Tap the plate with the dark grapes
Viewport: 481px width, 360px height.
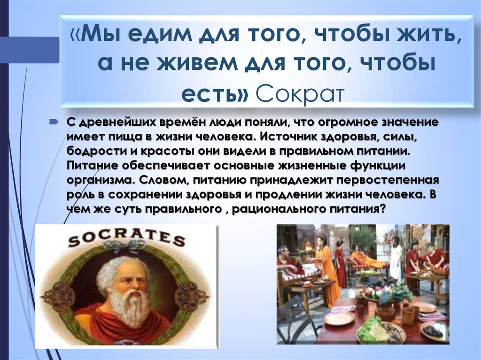tap(433, 331)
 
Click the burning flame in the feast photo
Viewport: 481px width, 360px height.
tap(309, 245)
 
